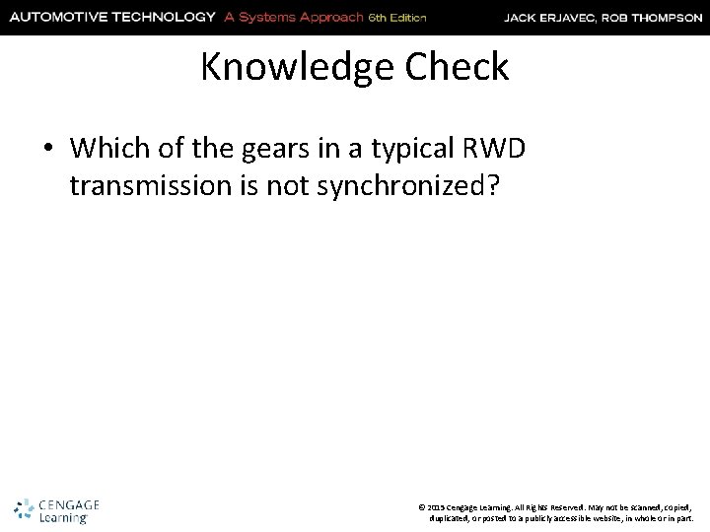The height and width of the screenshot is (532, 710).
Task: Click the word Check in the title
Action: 462,67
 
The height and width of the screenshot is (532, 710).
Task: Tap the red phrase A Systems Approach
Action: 311,16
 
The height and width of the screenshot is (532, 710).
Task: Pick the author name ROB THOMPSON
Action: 658,17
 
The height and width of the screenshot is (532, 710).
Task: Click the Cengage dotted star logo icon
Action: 24,508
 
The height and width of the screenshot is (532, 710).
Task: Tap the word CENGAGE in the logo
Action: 67,503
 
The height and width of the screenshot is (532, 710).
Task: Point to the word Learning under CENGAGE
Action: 63,516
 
